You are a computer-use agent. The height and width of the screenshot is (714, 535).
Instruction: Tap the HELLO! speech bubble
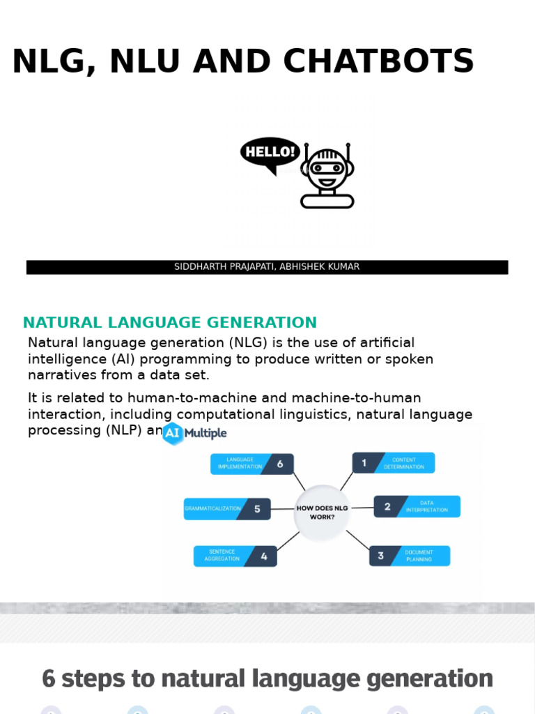click(x=270, y=152)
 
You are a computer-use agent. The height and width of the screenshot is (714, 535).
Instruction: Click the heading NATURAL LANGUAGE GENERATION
click(x=170, y=323)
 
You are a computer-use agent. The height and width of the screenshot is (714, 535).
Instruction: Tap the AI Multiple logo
click(x=194, y=433)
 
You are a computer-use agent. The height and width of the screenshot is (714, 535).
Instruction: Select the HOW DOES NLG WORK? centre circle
click(x=322, y=512)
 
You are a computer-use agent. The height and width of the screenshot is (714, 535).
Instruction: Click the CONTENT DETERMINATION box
click(x=394, y=463)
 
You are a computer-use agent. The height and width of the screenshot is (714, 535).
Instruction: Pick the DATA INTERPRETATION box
click(x=417, y=506)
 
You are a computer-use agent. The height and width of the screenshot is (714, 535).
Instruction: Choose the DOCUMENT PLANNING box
click(x=410, y=556)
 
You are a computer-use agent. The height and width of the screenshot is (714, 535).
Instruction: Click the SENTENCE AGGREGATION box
click(x=235, y=556)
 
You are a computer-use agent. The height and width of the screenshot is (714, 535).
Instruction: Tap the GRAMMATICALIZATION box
click(x=227, y=509)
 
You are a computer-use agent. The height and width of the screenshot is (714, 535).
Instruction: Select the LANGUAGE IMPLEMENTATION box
click(x=251, y=464)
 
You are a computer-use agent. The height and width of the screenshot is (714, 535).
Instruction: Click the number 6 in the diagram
click(x=279, y=464)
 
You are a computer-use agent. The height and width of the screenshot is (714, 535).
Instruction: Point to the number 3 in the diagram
click(x=380, y=556)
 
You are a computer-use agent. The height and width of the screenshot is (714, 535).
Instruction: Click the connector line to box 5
click(x=282, y=509)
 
